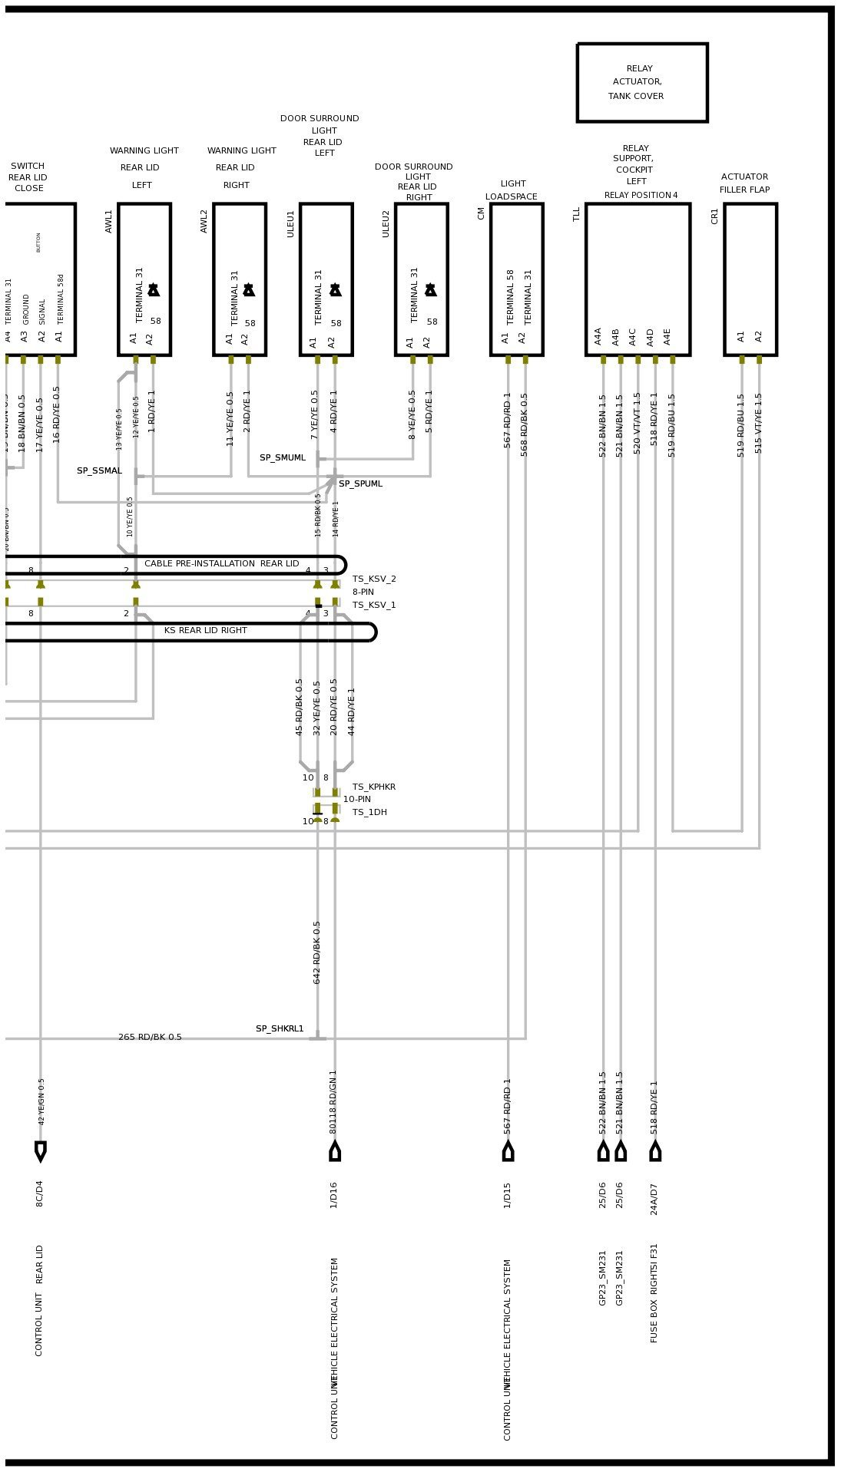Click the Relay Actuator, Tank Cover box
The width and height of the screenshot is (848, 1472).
[x=641, y=82]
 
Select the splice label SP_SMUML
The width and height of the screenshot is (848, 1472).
[x=283, y=458]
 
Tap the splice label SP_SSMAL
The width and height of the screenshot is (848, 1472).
[x=99, y=471]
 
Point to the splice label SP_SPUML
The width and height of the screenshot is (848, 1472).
[x=360, y=484]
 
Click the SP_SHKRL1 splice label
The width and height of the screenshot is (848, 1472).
[x=280, y=1029]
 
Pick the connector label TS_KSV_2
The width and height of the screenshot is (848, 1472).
[x=374, y=579]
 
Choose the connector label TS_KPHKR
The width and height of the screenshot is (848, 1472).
[x=374, y=787]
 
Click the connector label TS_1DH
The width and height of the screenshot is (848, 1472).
[x=369, y=813]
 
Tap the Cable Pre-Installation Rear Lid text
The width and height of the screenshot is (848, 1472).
[x=221, y=564]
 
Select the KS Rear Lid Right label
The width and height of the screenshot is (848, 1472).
[x=206, y=631]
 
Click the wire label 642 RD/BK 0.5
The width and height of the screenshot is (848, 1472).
[x=316, y=952]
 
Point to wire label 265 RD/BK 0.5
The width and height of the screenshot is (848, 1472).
[x=150, y=1038]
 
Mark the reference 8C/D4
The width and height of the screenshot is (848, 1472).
[x=40, y=1193]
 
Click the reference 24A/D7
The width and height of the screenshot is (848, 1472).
[x=654, y=1199]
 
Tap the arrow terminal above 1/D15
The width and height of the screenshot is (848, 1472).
[x=508, y=1151]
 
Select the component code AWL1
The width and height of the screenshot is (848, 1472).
[x=109, y=221]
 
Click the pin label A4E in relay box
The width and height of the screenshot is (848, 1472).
[x=667, y=336]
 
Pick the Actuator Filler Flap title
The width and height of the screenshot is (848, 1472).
[x=744, y=183]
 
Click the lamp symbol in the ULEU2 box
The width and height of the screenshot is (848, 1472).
[x=431, y=290]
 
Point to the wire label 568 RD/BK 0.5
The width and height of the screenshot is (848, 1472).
[x=525, y=425]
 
